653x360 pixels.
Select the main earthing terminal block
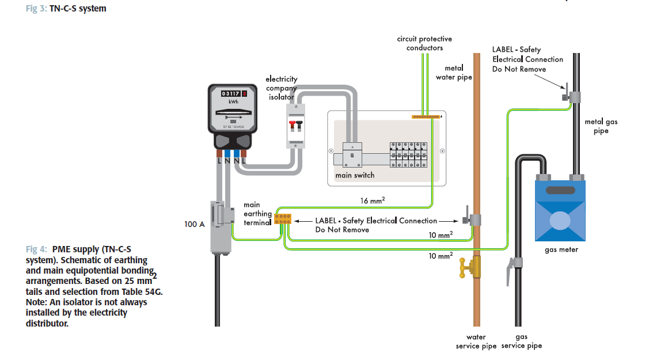[x=282, y=218]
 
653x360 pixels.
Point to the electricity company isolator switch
[x=295, y=125]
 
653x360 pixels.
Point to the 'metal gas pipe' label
[x=597, y=126]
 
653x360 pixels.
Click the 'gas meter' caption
[x=561, y=250]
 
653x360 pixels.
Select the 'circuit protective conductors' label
[x=424, y=43]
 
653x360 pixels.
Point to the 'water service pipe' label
[x=476, y=341]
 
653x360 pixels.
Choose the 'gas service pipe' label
[x=522, y=341]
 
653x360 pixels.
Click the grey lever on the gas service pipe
[x=510, y=271]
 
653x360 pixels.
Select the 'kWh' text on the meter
[x=233, y=102]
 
